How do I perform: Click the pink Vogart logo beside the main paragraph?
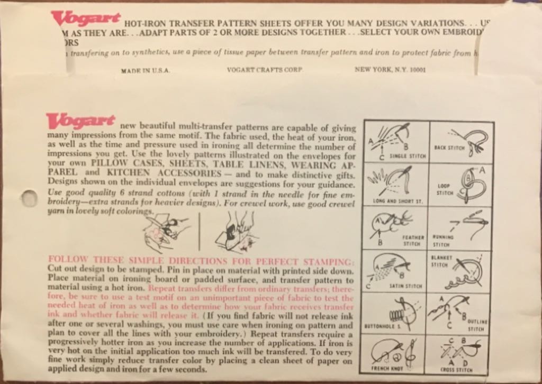coord(81,121)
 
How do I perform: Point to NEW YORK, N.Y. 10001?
coord(389,70)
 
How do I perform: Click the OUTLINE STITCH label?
coord(482,325)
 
